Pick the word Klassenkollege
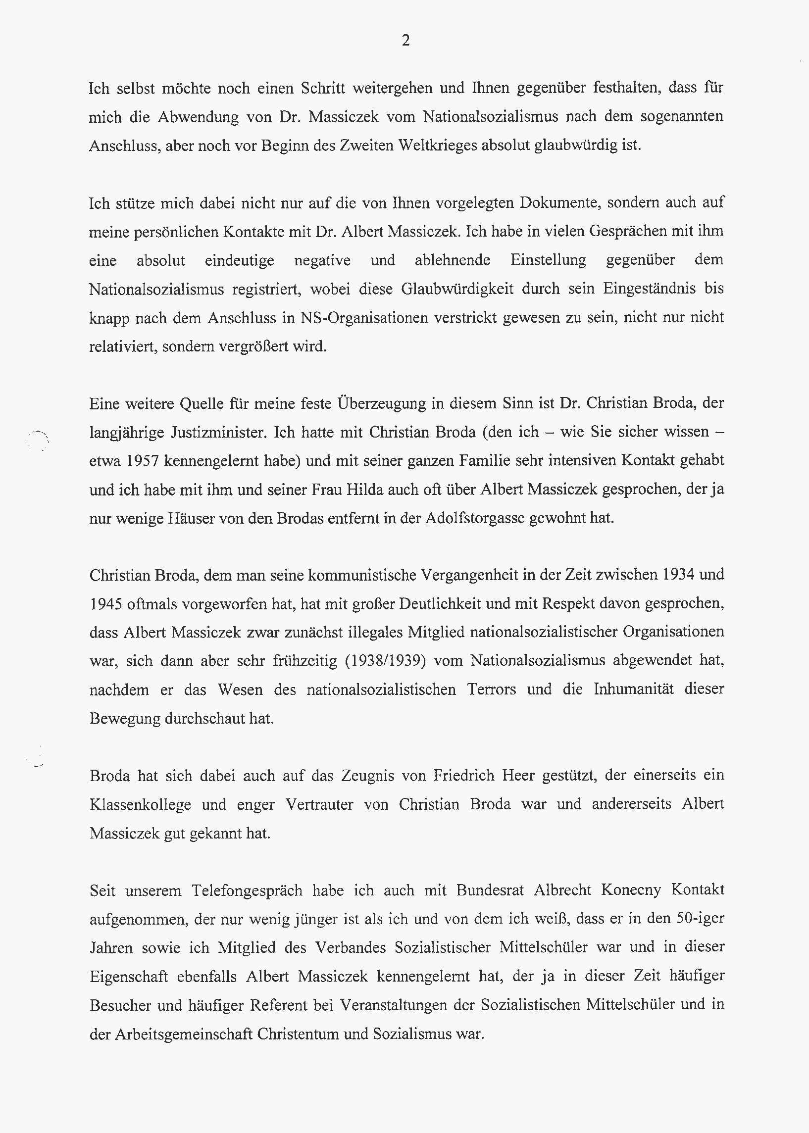pyautogui.click(x=140, y=805)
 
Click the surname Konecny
pyautogui.click(x=631, y=890)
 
